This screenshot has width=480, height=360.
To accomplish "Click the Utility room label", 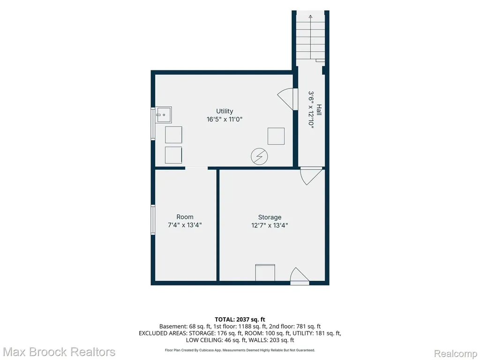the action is pos(225,111).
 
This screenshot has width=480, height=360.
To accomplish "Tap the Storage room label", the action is pos(270,217).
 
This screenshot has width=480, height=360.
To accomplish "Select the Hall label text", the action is pos(319,110).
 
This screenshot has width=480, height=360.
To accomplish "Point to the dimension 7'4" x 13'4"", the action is pos(185,225).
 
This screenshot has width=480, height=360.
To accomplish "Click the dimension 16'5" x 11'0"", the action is pos(225,119).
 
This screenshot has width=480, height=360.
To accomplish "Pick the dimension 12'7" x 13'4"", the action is pos(270,225).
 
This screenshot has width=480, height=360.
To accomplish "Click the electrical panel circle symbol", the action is pos(259,157).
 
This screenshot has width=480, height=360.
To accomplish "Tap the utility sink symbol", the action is pos(163,115).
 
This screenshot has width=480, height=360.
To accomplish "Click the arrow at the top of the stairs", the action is pos(310,37).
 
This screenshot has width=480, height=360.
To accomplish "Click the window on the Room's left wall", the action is pos(153,220).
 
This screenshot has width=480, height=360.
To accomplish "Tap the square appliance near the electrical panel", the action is pos(276,136).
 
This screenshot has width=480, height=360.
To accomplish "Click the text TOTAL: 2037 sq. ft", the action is pos(240,320).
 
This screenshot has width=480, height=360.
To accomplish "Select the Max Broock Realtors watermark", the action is pos(59,352).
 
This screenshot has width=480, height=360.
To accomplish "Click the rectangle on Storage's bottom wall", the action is pos(265,272).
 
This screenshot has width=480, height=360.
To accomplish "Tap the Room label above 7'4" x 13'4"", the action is pos(185,217).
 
